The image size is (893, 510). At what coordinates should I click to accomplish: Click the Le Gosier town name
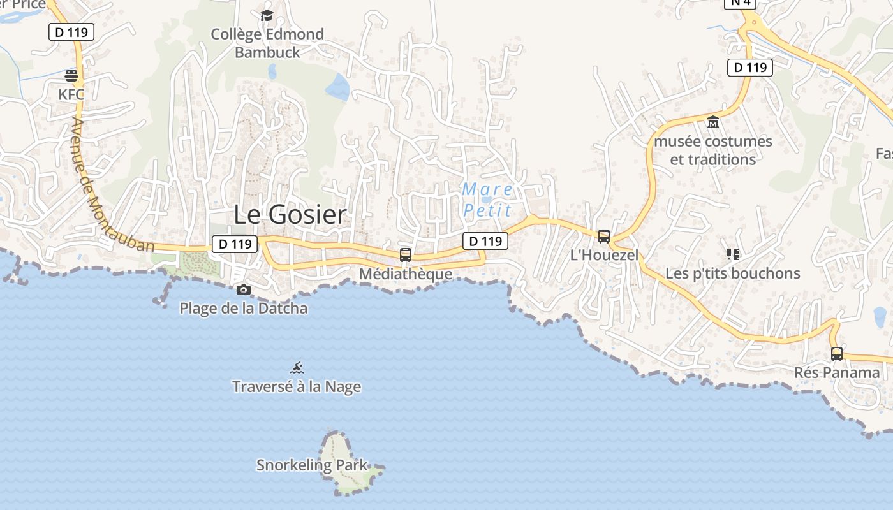click(x=290, y=215)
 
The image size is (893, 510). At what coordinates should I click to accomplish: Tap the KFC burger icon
click(x=71, y=76)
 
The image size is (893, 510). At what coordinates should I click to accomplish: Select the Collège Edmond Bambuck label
click(x=267, y=43)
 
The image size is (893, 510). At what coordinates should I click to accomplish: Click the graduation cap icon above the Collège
click(x=267, y=15)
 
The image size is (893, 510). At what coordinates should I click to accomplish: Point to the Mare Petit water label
click(x=488, y=200)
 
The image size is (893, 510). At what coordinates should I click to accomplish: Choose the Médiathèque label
click(x=406, y=274)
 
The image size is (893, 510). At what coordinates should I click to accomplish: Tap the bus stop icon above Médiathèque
click(x=405, y=255)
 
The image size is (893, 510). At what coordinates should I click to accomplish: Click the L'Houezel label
click(x=604, y=255)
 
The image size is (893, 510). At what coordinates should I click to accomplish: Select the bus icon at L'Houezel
click(x=604, y=237)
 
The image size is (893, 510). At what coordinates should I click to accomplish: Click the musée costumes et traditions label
click(x=713, y=150)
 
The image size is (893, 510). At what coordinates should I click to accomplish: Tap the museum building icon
click(x=713, y=122)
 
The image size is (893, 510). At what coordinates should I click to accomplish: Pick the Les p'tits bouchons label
click(x=733, y=273)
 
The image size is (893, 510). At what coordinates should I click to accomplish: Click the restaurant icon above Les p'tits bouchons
click(x=733, y=254)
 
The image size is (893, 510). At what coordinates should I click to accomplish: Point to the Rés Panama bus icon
click(x=837, y=353)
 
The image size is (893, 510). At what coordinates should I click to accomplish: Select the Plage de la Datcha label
click(x=244, y=309)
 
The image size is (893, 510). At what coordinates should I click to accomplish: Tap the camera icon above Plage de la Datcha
click(x=243, y=290)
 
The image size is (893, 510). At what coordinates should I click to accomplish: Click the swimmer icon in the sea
click(x=297, y=368)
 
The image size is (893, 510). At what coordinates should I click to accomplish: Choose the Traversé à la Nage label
click(x=297, y=387)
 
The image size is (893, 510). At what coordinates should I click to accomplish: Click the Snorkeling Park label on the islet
click(x=313, y=465)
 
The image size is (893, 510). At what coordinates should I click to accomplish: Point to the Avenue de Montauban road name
click(x=112, y=185)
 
